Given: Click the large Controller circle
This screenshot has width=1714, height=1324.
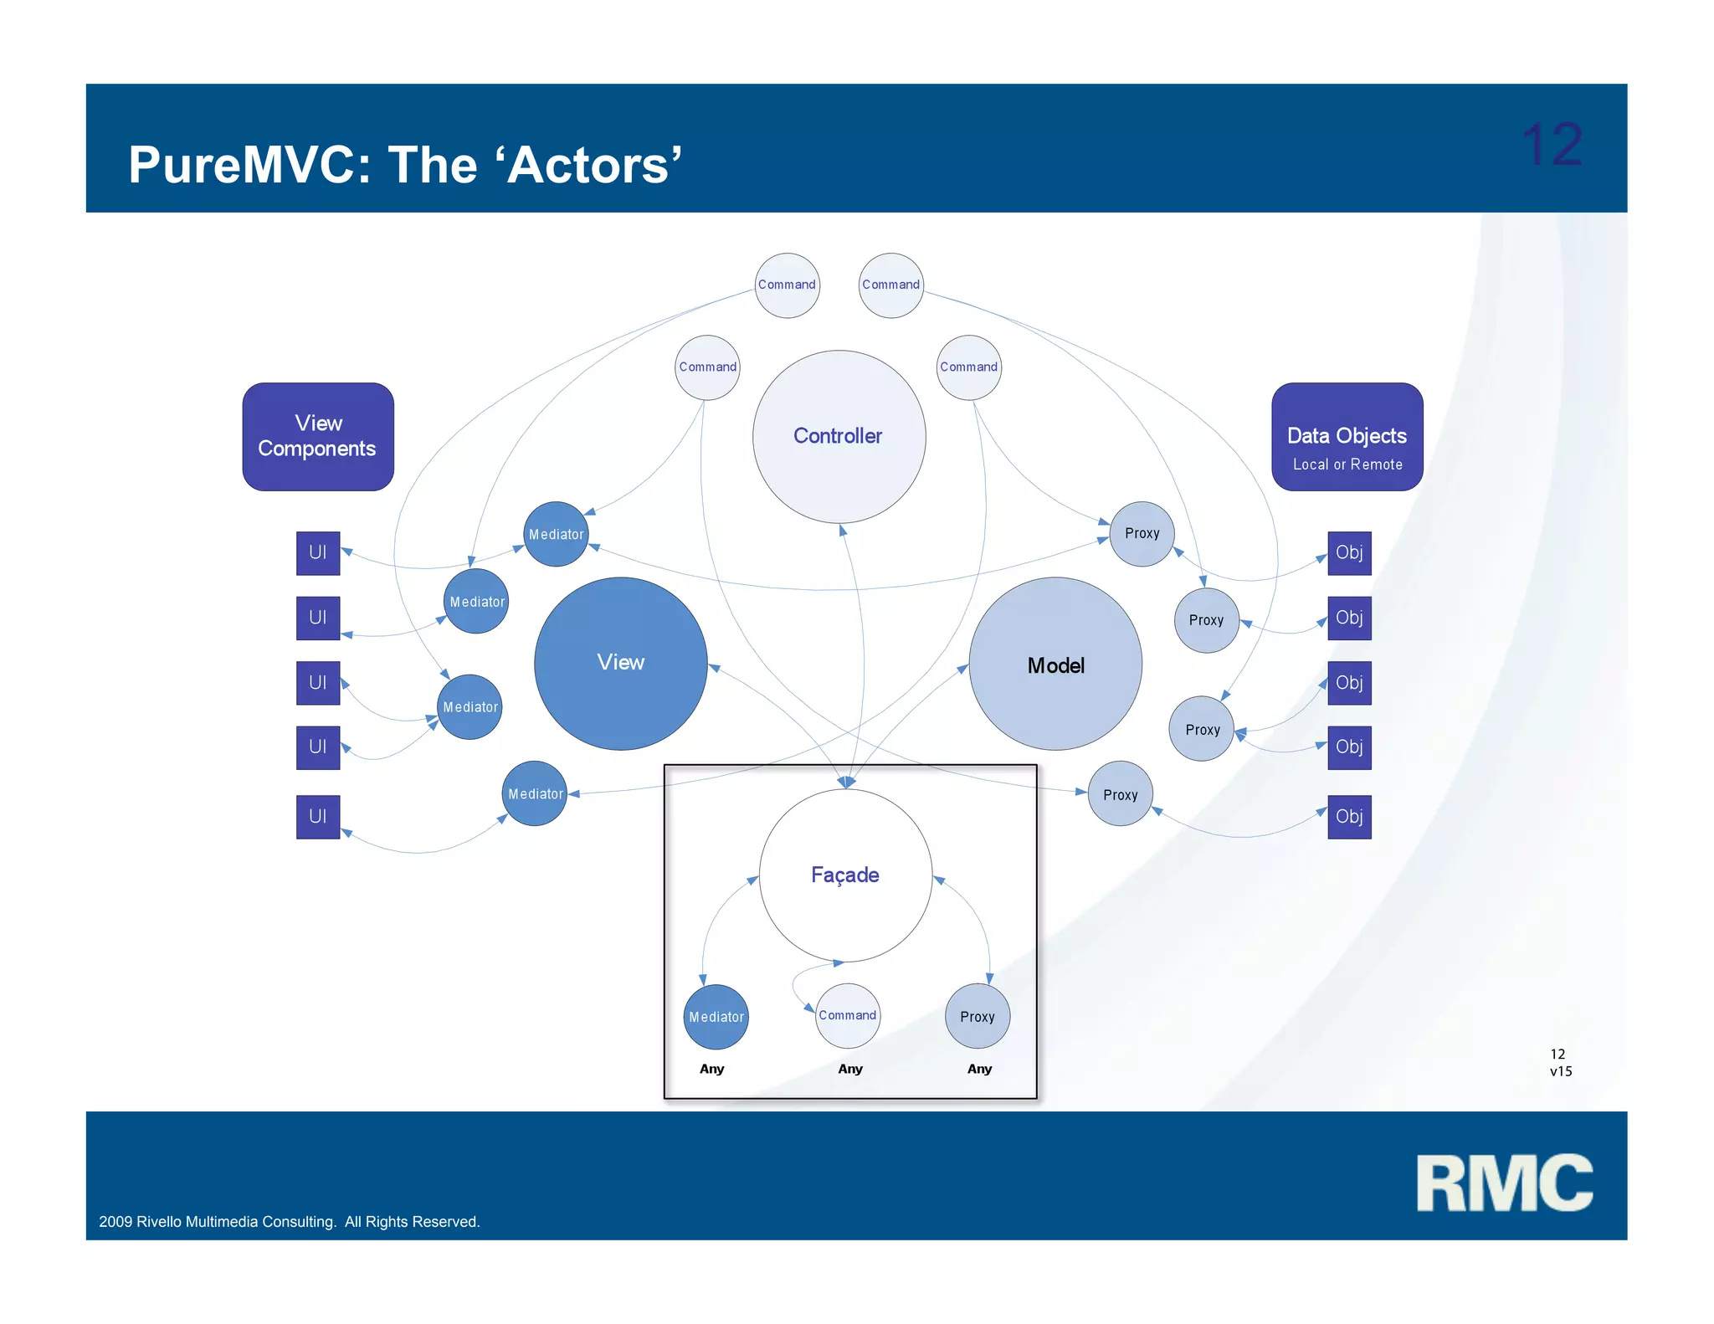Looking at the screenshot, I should [x=839, y=436].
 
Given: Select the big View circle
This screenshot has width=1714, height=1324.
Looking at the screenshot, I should [x=620, y=663].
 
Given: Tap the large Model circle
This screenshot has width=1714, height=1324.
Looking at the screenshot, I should [x=1055, y=665].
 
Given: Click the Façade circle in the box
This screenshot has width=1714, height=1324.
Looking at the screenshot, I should [x=845, y=875].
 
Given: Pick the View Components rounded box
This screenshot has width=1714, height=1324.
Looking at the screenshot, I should [x=318, y=436].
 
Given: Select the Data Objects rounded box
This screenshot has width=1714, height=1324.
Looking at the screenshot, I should [x=1347, y=436].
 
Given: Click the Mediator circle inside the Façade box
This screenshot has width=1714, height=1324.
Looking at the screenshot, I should [x=716, y=1017].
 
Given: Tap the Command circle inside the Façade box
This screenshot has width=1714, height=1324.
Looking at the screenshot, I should [x=847, y=1015].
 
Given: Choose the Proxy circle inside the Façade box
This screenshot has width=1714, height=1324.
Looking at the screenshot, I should [x=977, y=1017].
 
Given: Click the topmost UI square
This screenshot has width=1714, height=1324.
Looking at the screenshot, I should [x=318, y=552].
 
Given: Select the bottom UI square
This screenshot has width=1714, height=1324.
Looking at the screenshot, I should [x=318, y=816].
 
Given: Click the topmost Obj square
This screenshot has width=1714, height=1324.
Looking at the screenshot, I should [x=1349, y=552].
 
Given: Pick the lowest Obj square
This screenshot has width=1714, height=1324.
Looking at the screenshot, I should [x=1349, y=816].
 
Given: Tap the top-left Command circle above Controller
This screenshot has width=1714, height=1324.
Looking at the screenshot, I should [x=787, y=285].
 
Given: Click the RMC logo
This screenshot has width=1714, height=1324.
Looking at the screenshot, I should [x=1504, y=1183].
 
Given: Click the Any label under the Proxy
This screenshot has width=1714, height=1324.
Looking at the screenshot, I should [x=979, y=1069].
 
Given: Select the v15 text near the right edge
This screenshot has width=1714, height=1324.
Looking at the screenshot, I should [x=1561, y=1071].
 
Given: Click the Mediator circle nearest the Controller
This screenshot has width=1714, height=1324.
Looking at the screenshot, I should [x=556, y=534].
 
